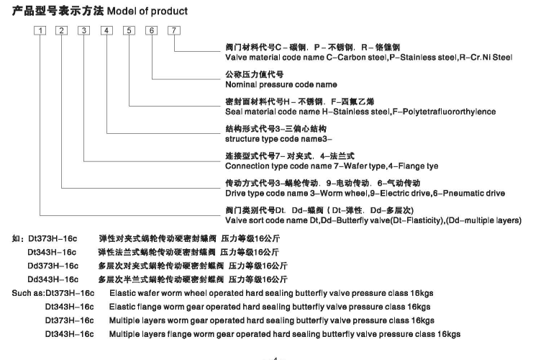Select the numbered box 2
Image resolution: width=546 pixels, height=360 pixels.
(x=63, y=30)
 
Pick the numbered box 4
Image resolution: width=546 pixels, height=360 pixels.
(x=106, y=30)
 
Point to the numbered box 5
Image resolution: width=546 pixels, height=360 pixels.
(x=129, y=30)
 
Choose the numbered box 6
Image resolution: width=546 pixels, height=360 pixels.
(x=151, y=30)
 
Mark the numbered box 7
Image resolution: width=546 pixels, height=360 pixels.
(x=173, y=30)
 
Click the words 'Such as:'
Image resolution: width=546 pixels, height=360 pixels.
(x=27, y=293)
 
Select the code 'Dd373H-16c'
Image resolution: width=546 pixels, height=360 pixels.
(x=52, y=266)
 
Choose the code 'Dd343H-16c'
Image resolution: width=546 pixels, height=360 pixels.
(x=52, y=279)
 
